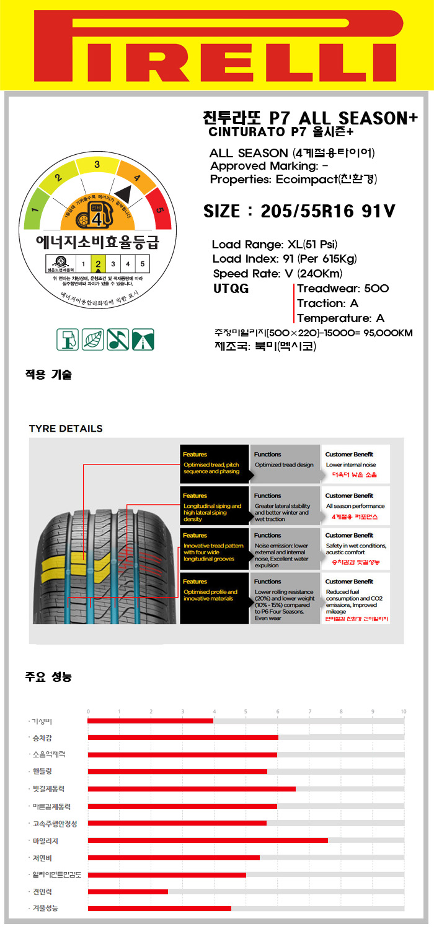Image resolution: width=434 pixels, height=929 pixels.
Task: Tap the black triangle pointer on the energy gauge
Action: point(123,193)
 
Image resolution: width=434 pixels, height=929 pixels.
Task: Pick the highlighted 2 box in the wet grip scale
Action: point(98,264)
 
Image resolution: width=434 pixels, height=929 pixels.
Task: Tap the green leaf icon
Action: point(93,339)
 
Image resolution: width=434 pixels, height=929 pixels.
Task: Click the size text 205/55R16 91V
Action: point(299,212)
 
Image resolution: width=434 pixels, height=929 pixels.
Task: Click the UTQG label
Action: point(231,289)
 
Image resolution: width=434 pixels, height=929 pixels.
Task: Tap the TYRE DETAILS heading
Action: point(66,429)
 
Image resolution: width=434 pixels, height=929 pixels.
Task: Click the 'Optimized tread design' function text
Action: point(284,464)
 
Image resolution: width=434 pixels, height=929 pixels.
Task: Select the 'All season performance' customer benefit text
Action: point(355,506)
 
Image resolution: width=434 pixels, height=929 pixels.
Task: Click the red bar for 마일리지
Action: point(208,840)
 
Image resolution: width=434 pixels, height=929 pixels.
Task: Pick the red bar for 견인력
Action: point(128,892)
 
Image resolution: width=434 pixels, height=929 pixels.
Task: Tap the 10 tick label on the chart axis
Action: point(403,711)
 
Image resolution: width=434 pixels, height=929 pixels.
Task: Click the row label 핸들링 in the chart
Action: point(43,771)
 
